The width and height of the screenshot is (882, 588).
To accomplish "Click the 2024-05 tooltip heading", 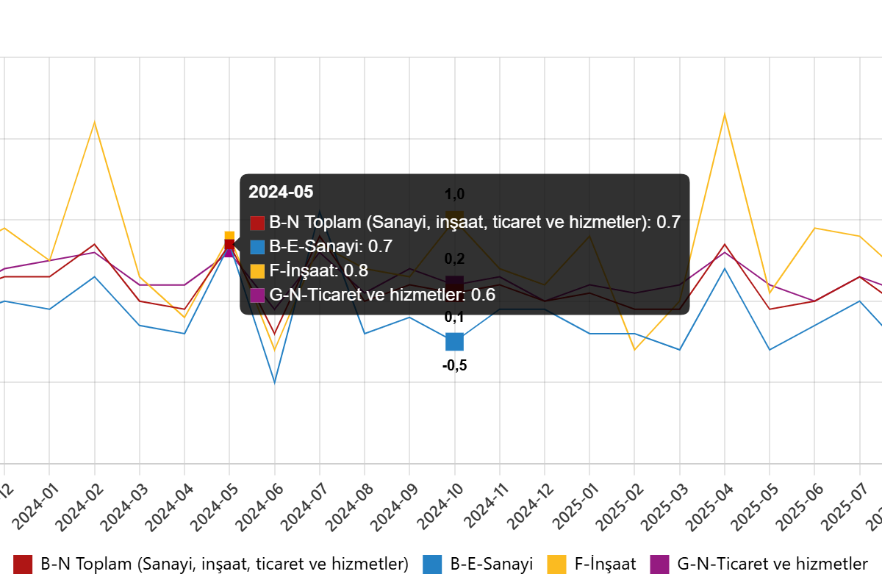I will [281, 193].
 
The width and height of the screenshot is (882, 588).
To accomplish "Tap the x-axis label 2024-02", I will [80, 507].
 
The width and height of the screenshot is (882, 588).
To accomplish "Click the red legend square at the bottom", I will [23, 564].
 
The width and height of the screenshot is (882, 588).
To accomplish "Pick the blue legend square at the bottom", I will [432, 564].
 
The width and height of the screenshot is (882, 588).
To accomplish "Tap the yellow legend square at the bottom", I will [556, 564].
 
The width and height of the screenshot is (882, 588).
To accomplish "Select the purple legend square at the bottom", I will [659, 564].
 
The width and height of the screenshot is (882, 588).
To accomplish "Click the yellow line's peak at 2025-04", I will [725, 114].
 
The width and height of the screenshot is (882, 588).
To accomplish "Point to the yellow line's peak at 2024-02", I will [94, 122].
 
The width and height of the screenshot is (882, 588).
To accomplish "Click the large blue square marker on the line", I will [454, 342].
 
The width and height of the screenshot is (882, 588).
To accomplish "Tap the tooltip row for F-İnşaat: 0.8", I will [318, 270].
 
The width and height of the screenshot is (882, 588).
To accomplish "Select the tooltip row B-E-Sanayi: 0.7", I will [331, 246].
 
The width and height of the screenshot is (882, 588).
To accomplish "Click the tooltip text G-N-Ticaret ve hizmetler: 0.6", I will [382, 295].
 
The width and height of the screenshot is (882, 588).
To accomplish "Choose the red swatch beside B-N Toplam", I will [257, 223].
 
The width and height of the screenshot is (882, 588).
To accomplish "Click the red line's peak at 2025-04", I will [725, 244].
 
